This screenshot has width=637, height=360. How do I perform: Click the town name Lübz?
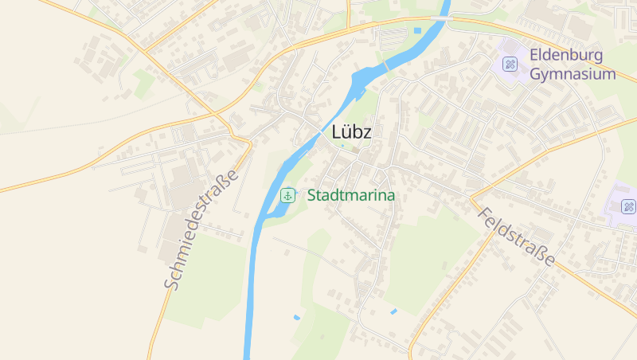coord(351,133)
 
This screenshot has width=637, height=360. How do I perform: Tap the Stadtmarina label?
coord(351,194)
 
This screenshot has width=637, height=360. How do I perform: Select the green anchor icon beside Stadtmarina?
coord(287,194)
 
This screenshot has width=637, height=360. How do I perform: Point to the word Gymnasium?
coord(573,74)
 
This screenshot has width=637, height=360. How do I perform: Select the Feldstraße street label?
coord(517,237)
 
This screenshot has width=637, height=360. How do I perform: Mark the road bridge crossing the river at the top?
coord(439,17)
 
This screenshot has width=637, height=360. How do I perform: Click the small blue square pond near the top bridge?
coord(417,31)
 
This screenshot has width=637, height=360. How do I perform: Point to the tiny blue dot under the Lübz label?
coord(343,146)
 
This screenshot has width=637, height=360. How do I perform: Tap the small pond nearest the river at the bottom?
coord(297,317)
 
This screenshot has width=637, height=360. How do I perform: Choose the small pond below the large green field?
coord(393,311)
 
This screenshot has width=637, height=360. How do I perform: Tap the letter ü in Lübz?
coord(346,133)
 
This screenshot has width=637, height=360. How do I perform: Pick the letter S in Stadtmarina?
coord(312,194)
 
